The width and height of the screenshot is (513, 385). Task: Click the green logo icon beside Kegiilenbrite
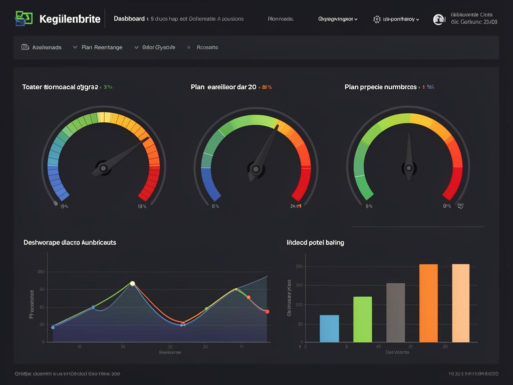(x=24, y=19)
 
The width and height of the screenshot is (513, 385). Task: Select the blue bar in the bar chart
(x=329, y=328)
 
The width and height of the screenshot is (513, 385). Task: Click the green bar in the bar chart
(x=363, y=319)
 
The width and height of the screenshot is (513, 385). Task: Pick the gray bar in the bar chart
(x=395, y=312)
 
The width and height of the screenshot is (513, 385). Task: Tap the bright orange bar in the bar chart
(x=428, y=303)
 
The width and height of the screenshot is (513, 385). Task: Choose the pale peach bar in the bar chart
(x=461, y=303)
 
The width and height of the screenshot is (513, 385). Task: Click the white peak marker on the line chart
(x=133, y=284)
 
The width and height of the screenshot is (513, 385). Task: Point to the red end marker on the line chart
(x=267, y=312)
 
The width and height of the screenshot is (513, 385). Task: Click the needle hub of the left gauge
(x=104, y=168)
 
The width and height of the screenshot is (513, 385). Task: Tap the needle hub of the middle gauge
(x=256, y=169)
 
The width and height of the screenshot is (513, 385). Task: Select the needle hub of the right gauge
(x=409, y=168)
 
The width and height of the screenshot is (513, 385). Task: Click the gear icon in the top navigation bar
(x=377, y=19)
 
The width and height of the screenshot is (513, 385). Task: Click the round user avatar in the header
(x=439, y=19)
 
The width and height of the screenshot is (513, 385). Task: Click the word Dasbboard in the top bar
(x=129, y=19)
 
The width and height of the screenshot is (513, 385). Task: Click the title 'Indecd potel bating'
(x=315, y=242)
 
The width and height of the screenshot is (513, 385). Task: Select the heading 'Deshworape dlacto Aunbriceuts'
(x=70, y=242)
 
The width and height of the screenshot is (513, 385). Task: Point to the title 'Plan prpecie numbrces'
(x=381, y=87)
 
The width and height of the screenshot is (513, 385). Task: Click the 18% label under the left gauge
(x=142, y=206)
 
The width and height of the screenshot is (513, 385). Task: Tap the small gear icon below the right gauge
(x=460, y=206)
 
